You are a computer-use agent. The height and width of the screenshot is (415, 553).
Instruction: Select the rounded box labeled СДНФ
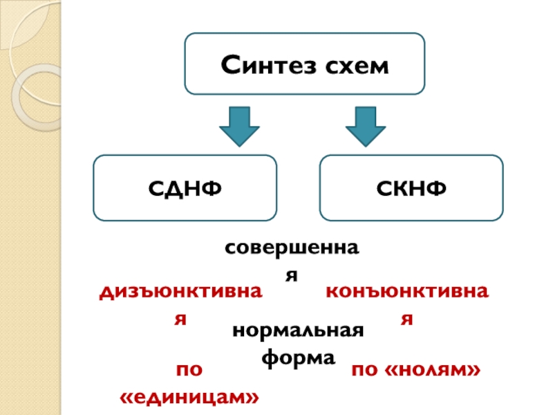185,187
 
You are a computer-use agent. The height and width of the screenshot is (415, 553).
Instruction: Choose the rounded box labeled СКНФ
411,187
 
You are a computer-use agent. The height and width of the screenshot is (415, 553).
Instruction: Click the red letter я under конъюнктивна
408,319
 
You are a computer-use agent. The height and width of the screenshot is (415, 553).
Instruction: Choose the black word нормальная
299,331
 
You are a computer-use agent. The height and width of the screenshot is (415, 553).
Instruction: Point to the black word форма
299,358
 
